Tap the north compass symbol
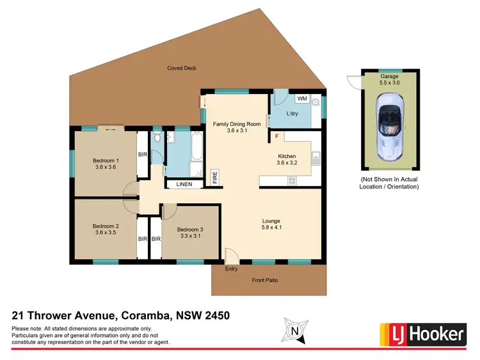[x=294, y=331]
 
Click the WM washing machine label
[x=301, y=98]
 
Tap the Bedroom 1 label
[x=106, y=160]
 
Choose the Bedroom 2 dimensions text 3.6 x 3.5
[x=106, y=233]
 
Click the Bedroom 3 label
[x=190, y=230]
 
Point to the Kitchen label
[x=286, y=156]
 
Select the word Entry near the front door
[x=232, y=269]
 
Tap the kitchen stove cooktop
[x=292, y=181]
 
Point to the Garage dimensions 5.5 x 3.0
[x=388, y=82]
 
